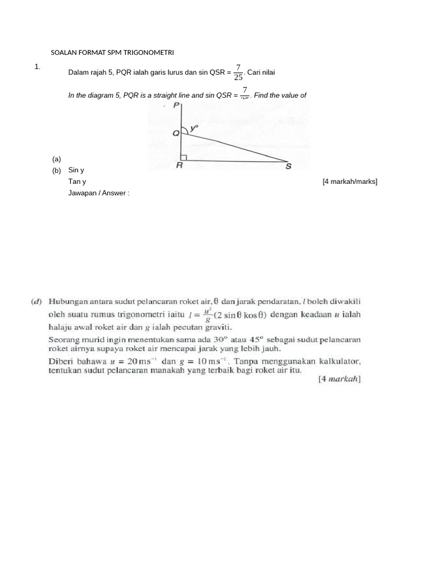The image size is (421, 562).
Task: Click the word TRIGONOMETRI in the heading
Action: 150,53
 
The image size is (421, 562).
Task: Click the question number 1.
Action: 37,66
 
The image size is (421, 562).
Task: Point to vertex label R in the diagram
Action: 179,166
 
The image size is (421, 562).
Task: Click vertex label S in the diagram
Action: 288,166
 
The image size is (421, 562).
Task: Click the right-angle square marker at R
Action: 184,158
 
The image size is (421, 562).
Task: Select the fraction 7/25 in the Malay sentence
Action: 238,72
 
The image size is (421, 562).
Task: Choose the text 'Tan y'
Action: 77,182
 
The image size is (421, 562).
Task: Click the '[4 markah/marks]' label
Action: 350,182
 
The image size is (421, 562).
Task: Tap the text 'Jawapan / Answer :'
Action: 99,193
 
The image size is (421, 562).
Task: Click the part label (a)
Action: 56,159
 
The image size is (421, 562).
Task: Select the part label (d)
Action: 36,301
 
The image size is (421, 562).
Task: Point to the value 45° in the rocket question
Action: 257,339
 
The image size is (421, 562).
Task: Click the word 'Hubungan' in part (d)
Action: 67,301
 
